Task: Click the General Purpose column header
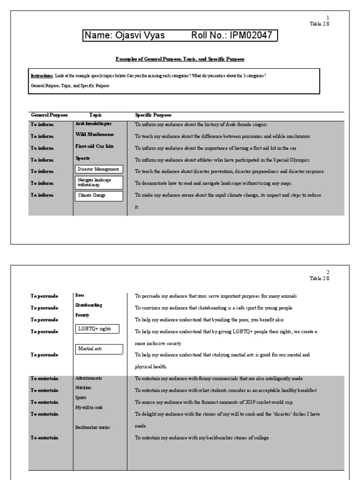pos(49,115)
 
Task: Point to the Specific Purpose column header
pos(153,115)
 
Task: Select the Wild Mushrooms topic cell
pos(94,135)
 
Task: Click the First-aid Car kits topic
pos(94,147)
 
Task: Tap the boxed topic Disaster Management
pos(98,169)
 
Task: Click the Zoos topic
pos(80,296)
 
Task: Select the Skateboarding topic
pos(89,305)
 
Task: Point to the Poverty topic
pos(82,315)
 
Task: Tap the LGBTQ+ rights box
pos(97,329)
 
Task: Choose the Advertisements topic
pos(89,378)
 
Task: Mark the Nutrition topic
pos(83,388)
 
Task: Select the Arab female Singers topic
pos(93,124)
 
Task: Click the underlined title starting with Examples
pos(180,59)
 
